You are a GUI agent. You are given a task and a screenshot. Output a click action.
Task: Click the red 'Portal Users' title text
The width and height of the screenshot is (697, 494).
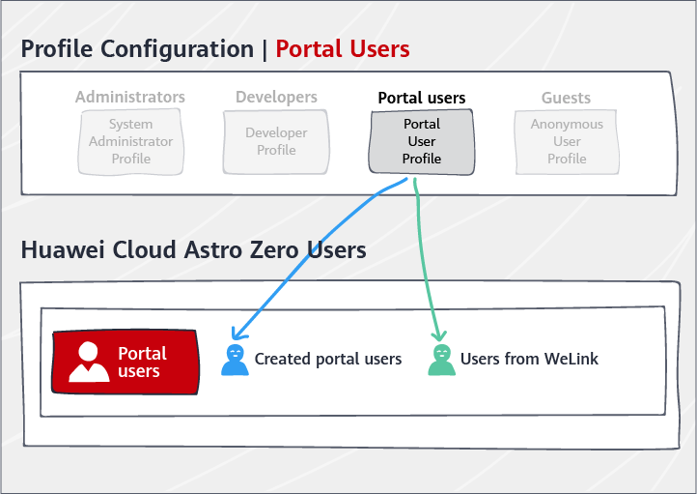[343, 48]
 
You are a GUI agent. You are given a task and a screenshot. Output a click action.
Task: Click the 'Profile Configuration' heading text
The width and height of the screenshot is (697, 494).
[137, 50]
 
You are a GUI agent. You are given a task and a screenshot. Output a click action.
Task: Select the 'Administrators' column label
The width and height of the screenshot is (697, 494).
[129, 97]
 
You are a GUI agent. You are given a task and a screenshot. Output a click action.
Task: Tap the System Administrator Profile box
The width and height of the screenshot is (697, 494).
[130, 141]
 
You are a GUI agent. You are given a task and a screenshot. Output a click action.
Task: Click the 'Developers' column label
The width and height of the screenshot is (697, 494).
[276, 97]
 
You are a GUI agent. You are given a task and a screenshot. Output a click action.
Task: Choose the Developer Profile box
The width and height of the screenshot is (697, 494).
[276, 141]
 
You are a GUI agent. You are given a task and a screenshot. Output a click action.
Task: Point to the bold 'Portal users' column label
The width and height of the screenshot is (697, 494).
[422, 98]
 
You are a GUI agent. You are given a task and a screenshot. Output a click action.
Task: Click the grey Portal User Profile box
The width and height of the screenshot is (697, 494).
[422, 141]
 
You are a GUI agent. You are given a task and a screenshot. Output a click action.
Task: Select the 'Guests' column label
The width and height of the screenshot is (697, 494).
[566, 98]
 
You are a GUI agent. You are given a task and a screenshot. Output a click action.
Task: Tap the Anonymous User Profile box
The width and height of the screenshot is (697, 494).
[567, 141]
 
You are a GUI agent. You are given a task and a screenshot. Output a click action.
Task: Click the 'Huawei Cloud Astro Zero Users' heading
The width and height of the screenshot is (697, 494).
[193, 249]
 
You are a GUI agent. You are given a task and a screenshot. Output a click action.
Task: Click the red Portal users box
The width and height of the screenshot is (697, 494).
[125, 362]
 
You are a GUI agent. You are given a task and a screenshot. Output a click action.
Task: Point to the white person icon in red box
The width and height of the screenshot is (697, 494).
[89, 362]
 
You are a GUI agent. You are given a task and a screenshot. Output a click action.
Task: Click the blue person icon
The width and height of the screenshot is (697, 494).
[235, 360]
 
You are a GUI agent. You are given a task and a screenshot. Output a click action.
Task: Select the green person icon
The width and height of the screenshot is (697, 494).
[441, 360]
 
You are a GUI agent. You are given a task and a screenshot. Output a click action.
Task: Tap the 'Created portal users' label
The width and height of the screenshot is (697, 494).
[328, 360]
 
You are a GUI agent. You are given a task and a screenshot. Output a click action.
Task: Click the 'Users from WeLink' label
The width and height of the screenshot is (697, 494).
[529, 359]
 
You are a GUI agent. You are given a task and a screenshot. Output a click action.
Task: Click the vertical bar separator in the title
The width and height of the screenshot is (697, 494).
[265, 50]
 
